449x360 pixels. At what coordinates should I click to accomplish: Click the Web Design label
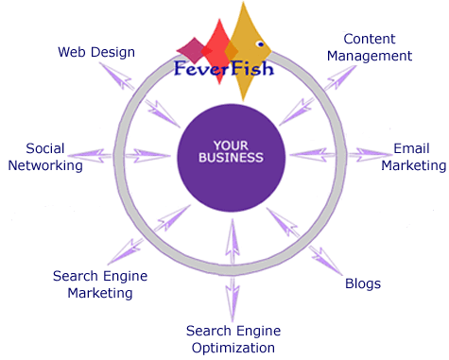(96, 52)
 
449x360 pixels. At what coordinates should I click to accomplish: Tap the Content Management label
(370, 47)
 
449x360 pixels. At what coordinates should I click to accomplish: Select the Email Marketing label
(414, 157)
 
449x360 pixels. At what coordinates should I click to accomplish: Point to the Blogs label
(363, 283)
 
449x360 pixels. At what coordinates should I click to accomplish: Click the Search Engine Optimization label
(233, 339)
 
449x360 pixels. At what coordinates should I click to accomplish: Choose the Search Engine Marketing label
(100, 284)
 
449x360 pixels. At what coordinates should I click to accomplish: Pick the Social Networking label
(45, 157)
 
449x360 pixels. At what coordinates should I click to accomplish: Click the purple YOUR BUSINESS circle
(232, 158)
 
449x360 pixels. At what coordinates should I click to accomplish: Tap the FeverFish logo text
(224, 68)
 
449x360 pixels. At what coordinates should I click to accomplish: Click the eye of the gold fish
(260, 44)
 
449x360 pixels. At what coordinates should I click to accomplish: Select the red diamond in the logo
(219, 51)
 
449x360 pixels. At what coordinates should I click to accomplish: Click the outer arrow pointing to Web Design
(116, 76)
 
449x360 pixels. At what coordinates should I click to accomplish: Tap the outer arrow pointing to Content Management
(340, 77)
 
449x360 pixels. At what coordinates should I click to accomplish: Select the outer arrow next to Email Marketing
(370, 155)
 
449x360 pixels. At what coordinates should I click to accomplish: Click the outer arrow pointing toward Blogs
(325, 261)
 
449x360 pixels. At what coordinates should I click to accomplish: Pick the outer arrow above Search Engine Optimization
(233, 300)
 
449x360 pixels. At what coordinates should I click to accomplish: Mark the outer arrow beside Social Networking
(90, 156)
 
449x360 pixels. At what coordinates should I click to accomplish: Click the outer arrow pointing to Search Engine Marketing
(126, 251)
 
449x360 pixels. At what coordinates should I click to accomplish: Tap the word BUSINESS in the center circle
(231, 158)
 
